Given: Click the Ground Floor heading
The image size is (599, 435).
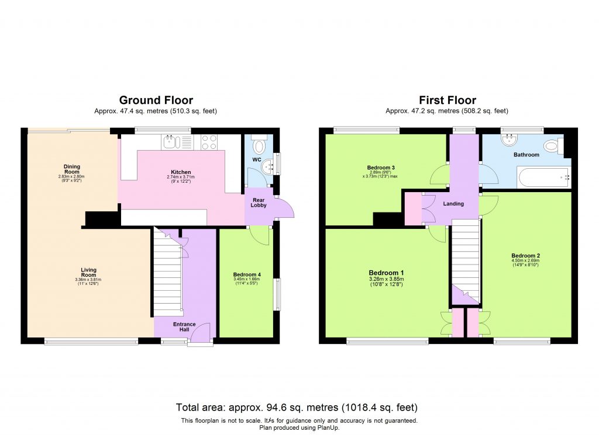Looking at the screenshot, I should point(156,100).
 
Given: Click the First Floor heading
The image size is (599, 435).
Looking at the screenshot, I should point(447,100).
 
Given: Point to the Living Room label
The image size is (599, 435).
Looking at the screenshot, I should point(88,273).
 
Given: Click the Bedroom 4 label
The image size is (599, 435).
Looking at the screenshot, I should point(247,275).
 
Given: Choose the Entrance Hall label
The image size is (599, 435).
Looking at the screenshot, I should point(184,328).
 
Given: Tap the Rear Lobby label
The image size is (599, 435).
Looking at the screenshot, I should point(259,204).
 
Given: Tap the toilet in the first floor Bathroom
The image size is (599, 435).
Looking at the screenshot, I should point(551,145).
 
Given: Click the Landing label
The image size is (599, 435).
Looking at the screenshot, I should point(453,204).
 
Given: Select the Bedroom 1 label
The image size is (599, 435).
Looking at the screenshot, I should point(386,273).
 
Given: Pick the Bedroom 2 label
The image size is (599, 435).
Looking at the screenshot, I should point(525,256).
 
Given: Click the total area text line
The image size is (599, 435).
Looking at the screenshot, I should point(297,407).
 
